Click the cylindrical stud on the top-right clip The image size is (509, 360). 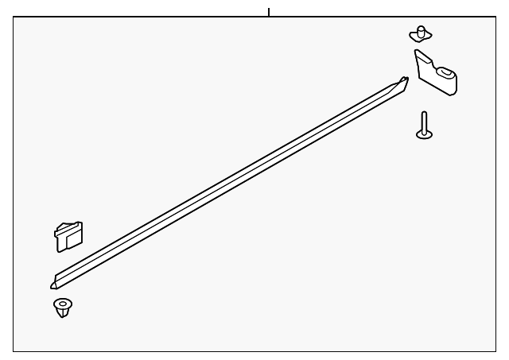click(x=419, y=30)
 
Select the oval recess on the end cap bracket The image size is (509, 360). click(x=448, y=75)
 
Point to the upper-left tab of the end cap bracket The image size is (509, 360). click(x=419, y=55)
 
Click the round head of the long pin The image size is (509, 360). click(x=425, y=133)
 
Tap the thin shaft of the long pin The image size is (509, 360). click(x=424, y=121)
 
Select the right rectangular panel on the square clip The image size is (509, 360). click(x=76, y=235)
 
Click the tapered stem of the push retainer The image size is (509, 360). click(x=62, y=313)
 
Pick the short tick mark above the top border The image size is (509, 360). click(x=269, y=12)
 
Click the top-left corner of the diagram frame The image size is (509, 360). click(x=14, y=18)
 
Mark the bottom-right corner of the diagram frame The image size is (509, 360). click(x=494, y=351)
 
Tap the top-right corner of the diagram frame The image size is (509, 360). click(x=494, y=18)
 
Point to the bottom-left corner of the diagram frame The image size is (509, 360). click(x=14, y=351)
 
